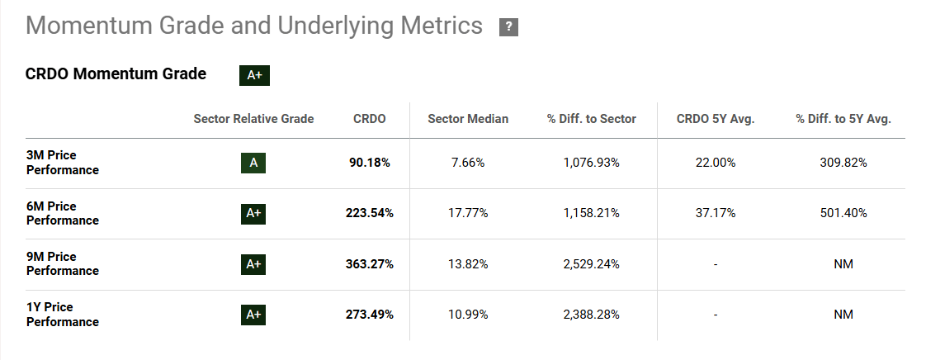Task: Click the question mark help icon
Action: pyautogui.click(x=508, y=27)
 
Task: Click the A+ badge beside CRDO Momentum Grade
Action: pyautogui.click(x=254, y=75)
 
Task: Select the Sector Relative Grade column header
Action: pyautogui.click(x=253, y=119)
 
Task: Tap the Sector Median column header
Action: pyautogui.click(x=468, y=119)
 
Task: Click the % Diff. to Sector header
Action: pyautogui.click(x=591, y=119)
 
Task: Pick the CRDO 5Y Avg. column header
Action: pyautogui.click(x=716, y=119)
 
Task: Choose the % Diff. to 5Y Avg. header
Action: pyautogui.click(x=843, y=119)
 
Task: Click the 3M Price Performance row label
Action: pyautogui.click(x=63, y=163)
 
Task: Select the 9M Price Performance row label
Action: pyautogui.click(x=63, y=263)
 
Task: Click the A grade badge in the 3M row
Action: pyautogui.click(x=253, y=163)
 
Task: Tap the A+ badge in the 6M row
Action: pyautogui.click(x=253, y=213)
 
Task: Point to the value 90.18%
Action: pyautogui.click(x=369, y=163)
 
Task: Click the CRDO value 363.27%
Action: pyautogui.click(x=369, y=264)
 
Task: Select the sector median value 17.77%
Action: pyautogui.click(x=468, y=213)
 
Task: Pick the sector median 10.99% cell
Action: pyautogui.click(x=468, y=315)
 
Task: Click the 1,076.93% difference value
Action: pyautogui.click(x=591, y=163)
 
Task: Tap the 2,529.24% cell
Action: pyautogui.click(x=591, y=264)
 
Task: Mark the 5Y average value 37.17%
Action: pyautogui.click(x=716, y=213)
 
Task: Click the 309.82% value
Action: pyautogui.click(x=843, y=163)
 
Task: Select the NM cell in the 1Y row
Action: pyautogui.click(x=843, y=315)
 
